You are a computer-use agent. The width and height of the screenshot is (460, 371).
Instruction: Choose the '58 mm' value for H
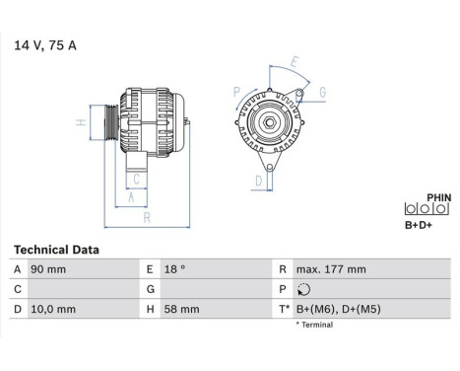[182, 309]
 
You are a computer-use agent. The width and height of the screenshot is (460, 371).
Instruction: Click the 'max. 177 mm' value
[330, 269]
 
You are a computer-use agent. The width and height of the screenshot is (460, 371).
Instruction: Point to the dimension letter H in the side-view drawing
[82, 123]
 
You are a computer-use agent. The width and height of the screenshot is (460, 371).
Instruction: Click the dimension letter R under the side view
[146, 217]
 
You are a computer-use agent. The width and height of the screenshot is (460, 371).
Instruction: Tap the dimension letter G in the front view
[324, 93]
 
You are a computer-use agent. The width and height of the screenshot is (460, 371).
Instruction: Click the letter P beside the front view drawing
[236, 91]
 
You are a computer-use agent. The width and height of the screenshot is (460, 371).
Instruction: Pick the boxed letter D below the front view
[258, 181]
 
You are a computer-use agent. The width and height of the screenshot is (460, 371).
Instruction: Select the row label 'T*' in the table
[286, 309]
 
